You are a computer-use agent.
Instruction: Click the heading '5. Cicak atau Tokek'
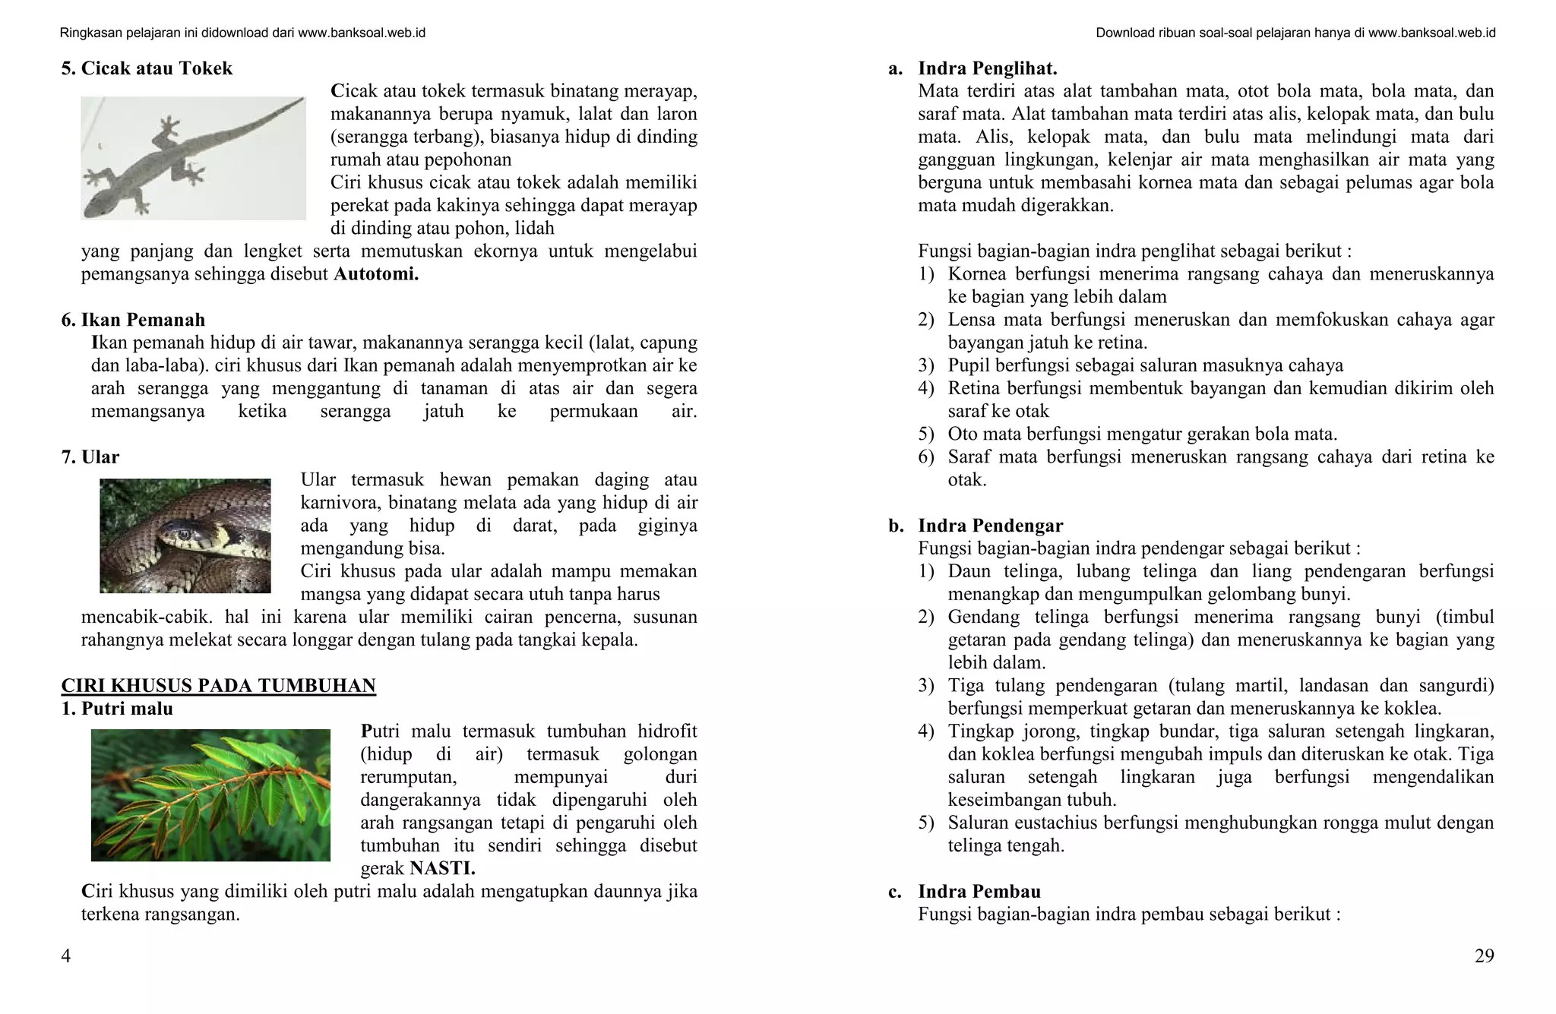click(x=147, y=68)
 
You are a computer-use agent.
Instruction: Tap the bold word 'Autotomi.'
click(x=376, y=274)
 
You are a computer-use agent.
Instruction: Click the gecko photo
click(x=193, y=158)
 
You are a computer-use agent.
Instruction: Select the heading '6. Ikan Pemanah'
click(x=133, y=320)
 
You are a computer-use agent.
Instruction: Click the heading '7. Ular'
click(x=90, y=457)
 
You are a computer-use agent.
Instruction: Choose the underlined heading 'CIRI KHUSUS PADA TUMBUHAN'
click(x=218, y=686)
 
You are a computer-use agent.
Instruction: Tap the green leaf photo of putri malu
click(x=210, y=795)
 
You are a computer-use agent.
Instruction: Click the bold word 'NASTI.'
click(x=442, y=868)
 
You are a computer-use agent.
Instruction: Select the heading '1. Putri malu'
click(x=117, y=709)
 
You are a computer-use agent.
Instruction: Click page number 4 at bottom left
click(x=66, y=956)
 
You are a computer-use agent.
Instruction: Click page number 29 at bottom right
click(x=1484, y=956)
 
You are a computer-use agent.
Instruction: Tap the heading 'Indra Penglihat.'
click(x=987, y=68)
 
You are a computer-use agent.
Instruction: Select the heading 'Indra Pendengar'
click(x=990, y=526)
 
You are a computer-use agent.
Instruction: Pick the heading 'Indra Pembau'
click(x=979, y=892)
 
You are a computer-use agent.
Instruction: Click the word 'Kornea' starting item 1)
click(x=977, y=274)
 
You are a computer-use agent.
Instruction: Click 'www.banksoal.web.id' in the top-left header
click(x=361, y=33)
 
